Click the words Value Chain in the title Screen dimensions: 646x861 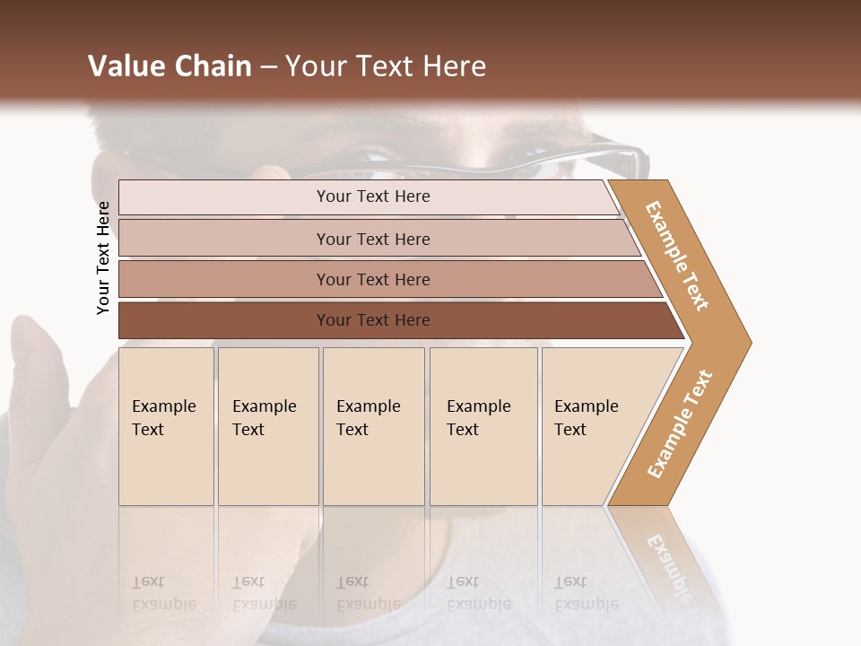(x=170, y=66)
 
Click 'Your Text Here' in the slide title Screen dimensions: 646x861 (x=386, y=66)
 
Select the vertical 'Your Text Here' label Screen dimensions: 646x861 (x=104, y=258)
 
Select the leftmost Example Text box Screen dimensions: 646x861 (x=166, y=426)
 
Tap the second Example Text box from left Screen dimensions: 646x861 (x=268, y=426)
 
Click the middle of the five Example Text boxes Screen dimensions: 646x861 (x=373, y=426)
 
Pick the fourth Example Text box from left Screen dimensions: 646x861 (x=483, y=426)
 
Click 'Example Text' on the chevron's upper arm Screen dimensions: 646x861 (x=677, y=256)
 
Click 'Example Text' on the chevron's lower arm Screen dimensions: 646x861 (x=680, y=423)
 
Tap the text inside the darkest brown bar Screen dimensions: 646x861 (x=373, y=320)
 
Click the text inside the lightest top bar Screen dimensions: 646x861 (x=373, y=196)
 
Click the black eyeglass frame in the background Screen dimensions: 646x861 (x=610, y=157)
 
